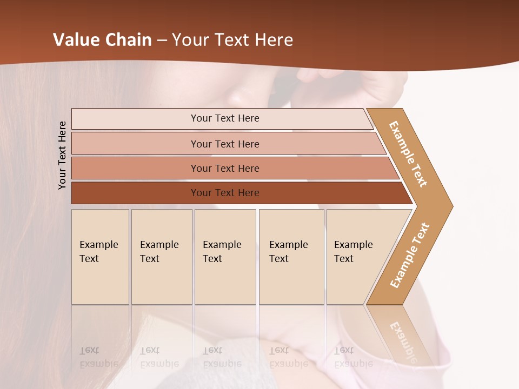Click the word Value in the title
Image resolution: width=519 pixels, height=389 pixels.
pos(76,40)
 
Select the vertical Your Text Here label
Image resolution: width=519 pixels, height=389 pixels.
pos(62,155)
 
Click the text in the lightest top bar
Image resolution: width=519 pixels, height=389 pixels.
pos(225,118)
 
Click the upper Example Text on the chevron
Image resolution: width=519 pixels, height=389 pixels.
pos(408,154)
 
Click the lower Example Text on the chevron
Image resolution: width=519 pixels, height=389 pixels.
pos(410,255)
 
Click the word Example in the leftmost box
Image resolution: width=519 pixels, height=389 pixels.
pos(98,245)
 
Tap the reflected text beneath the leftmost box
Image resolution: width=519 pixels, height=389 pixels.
pos(98,358)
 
